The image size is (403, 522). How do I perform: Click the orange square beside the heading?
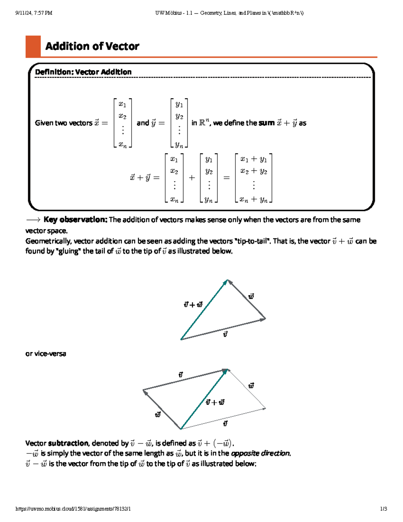click(x=33, y=46)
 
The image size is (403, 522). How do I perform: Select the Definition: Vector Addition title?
click(x=83, y=72)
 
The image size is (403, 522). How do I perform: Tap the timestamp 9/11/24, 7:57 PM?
click(x=34, y=13)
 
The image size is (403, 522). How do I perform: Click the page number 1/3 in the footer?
click(x=384, y=509)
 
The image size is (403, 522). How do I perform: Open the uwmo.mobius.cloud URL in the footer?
click(x=73, y=509)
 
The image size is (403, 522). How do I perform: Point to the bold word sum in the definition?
click(x=267, y=123)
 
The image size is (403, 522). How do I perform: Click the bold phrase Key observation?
click(x=75, y=220)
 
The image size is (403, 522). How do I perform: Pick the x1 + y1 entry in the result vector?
click(x=254, y=159)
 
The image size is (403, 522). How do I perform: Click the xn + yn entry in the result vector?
click(x=254, y=199)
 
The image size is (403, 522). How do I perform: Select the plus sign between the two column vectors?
click(x=192, y=178)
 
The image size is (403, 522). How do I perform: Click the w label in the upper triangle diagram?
click(x=251, y=296)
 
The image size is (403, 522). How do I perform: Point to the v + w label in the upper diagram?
click(x=193, y=305)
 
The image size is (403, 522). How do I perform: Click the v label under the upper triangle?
click(x=225, y=334)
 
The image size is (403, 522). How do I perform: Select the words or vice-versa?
click(x=46, y=354)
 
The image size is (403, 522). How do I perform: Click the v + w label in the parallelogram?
click(x=215, y=402)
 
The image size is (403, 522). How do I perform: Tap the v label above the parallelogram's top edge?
click(x=181, y=375)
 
